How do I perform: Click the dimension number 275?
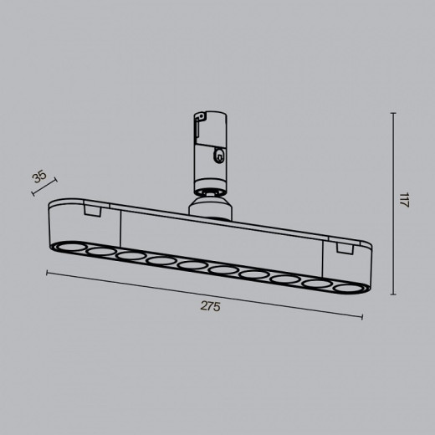(210, 307)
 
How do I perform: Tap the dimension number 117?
(403, 202)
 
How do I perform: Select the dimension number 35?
(38, 177)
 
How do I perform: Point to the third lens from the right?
(285, 279)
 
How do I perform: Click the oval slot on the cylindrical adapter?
(218, 154)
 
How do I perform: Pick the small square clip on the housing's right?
(341, 249)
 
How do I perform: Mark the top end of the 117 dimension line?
(393, 113)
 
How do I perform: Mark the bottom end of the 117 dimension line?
(393, 294)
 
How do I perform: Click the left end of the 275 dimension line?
(46, 273)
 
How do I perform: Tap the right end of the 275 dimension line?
(363, 317)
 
